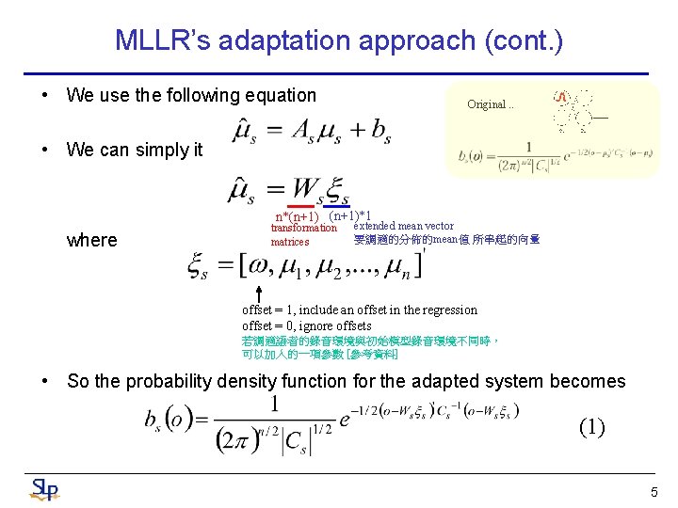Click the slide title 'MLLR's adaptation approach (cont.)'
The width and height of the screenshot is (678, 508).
pos(338,40)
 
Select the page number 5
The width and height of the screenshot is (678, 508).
pos(654,492)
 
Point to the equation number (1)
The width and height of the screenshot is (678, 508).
pos(591,427)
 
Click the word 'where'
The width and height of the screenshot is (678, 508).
pos(92,240)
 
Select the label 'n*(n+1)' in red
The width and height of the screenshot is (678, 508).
pos(297,217)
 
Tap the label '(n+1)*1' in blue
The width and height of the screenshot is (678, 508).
pos(349,215)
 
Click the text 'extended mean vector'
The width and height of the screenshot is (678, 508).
pos(403,226)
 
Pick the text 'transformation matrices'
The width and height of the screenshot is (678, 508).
pos(302,234)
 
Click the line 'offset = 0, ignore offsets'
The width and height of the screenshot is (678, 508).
pos(306,325)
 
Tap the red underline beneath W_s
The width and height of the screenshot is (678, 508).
pos(300,206)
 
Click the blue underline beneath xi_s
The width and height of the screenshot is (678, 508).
pos(337,206)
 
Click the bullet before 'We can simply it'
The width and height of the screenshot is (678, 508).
pos(44,150)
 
